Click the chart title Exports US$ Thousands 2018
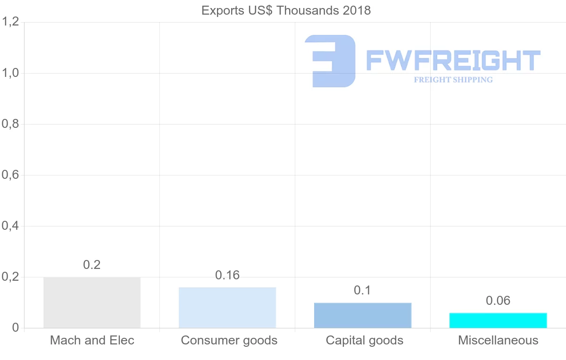(x=286, y=11)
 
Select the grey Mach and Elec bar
(x=92, y=302)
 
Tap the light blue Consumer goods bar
(x=227, y=308)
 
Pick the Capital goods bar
(x=363, y=315)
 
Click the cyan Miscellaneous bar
(x=498, y=320)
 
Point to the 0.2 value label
(x=92, y=265)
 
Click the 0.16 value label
(x=227, y=275)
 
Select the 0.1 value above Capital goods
(x=362, y=290)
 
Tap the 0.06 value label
(x=498, y=301)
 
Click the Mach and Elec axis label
(x=92, y=340)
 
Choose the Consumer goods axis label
(x=229, y=341)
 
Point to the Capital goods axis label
(x=364, y=341)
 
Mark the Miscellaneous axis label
(x=498, y=340)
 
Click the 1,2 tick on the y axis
(x=10, y=22)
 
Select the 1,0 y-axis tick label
(x=10, y=73)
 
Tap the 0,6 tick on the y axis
(x=10, y=175)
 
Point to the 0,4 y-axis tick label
(x=10, y=226)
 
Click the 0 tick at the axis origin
(x=16, y=327)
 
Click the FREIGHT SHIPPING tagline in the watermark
(x=453, y=80)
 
